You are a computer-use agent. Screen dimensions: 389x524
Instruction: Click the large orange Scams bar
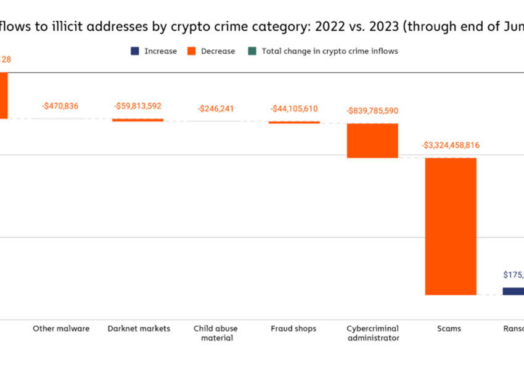[451, 226]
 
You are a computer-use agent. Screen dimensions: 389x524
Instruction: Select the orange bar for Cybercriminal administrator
[372, 141]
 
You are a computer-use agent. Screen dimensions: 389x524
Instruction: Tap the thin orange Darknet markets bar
[137, 120]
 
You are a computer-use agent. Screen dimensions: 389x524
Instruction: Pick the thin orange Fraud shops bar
[294, 122]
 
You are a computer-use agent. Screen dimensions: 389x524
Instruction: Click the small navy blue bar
[513, 291]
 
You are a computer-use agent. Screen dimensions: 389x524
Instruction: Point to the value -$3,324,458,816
[451, 145]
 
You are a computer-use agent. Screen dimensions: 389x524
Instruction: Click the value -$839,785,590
[372, 111]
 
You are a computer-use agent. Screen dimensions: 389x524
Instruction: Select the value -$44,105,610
[294, 109]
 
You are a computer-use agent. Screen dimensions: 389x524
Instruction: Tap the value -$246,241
[216, 109]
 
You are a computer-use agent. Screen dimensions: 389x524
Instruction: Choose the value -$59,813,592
[137, 106]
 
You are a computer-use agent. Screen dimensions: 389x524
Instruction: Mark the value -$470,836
[60, 106]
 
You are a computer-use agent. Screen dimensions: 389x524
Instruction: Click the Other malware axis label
[61, 329]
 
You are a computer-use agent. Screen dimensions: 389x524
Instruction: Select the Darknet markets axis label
[138, 329]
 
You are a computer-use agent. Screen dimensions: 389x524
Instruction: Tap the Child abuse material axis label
[216, 333]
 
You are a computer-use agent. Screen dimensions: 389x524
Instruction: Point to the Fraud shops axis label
[294, 329]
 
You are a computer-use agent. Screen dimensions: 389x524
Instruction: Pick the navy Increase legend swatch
[134, 51]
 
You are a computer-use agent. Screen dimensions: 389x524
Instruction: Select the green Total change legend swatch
[252, 51]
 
